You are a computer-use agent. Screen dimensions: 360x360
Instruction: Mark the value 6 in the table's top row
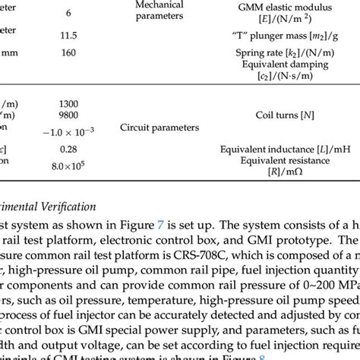pyautogui.click(x=69, y=14)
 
